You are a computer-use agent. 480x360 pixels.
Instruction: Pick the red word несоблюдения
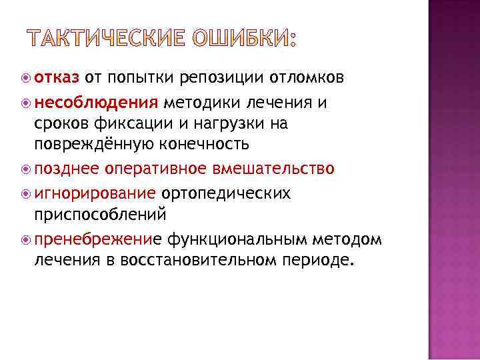point(96,103)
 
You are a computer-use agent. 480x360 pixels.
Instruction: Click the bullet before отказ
point(25,79)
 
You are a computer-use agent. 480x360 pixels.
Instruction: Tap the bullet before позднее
point(25,170)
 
